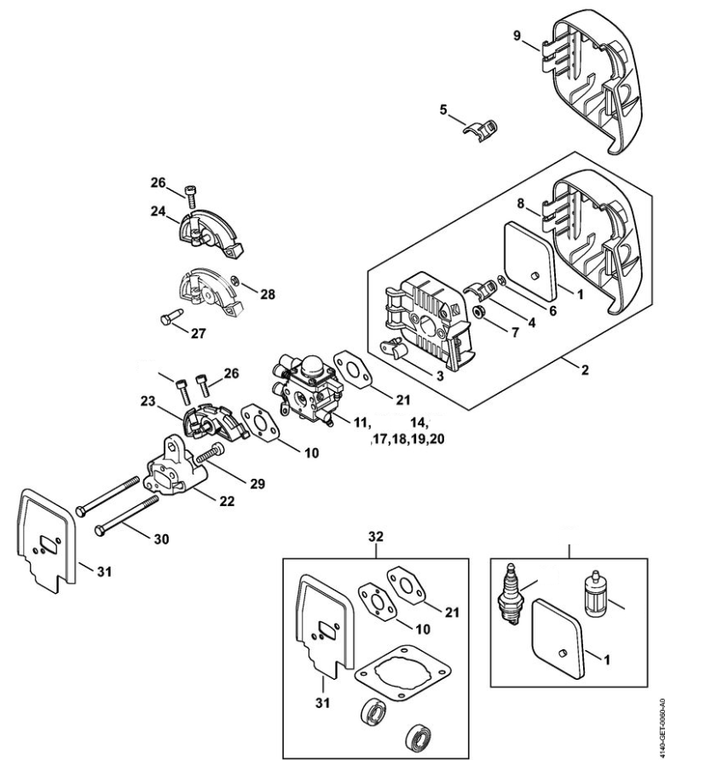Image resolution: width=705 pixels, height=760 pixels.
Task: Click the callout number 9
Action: [x=517, y=36]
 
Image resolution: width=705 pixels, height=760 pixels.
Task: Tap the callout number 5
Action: [x=442, y=109]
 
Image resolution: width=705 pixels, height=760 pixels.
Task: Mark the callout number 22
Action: [x=226, y=502]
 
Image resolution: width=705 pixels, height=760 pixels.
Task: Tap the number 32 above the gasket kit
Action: [x=375, y=538]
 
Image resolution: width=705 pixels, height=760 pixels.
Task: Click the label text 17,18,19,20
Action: [x=407, y=440]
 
